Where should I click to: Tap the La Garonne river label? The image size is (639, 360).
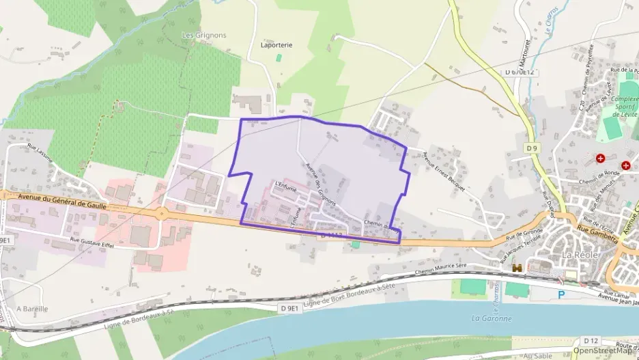click(492, 318)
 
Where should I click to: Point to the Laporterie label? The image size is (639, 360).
click(276, 45)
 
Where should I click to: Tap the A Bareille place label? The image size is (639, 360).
click(31, 309)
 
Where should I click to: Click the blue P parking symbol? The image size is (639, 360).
click(562, 294)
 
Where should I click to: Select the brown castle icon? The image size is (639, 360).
click(518, 268)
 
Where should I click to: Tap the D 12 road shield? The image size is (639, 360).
click(591, 340)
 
